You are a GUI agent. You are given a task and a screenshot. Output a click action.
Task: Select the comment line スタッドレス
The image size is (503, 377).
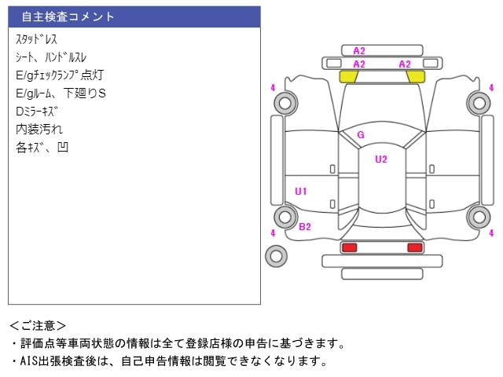(36, 38)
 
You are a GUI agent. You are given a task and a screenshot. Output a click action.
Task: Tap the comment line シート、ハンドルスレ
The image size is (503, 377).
(51, 57)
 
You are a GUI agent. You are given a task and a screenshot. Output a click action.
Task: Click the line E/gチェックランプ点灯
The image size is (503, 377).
(60, 75)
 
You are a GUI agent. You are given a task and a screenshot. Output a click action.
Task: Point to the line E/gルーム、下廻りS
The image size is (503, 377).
(61, 93)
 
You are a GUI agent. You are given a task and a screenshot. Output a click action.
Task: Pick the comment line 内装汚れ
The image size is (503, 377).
(39, 129)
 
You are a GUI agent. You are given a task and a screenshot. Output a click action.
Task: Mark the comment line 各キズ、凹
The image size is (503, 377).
(42, 147)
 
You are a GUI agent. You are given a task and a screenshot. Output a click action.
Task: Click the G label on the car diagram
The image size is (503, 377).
(361, 135)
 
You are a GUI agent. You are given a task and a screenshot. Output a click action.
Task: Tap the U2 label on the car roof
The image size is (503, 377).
(381, 159)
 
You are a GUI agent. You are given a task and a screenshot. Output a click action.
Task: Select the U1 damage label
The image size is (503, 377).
(301, 191)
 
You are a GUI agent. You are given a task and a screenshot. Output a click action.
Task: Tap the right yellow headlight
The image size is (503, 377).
(414, 77)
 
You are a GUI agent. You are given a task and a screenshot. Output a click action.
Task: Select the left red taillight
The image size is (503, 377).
(349, 247)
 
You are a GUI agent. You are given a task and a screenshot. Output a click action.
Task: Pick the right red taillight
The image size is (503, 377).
(414, 247)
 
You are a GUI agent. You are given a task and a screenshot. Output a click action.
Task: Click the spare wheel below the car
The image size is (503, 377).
(276, 255)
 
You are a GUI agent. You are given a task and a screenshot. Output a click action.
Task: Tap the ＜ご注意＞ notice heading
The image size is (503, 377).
(39, 325)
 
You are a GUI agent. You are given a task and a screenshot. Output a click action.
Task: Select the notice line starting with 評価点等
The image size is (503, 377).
(177, 343)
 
